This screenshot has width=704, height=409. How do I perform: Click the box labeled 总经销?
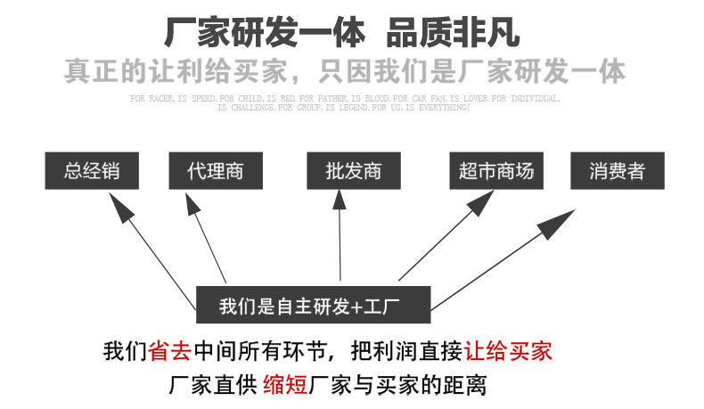point(93,170)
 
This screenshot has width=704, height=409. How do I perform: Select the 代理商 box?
point(216,170)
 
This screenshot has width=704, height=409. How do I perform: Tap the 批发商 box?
point(354,170)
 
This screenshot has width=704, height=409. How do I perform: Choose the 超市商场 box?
point(496,170)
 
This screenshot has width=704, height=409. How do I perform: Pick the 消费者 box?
point(617,170)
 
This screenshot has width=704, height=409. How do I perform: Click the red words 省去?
point(169,350)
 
